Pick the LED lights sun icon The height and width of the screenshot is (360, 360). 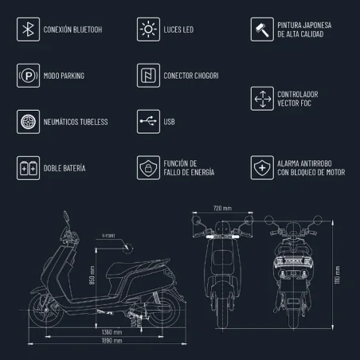click(x=147, y=30)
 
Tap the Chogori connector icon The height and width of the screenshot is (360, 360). click(x=147, y=76)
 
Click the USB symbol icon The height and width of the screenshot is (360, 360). click(x=147, y=122)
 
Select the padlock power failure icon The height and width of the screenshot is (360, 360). click(x=147, y=168)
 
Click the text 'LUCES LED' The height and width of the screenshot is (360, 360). click(x=181, y=30)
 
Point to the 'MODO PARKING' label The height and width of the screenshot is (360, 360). click(x=65, y=76)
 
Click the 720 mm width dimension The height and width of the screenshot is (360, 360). click(x=223, y=208)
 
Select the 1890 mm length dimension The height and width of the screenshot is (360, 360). click(x=112, y=341)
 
